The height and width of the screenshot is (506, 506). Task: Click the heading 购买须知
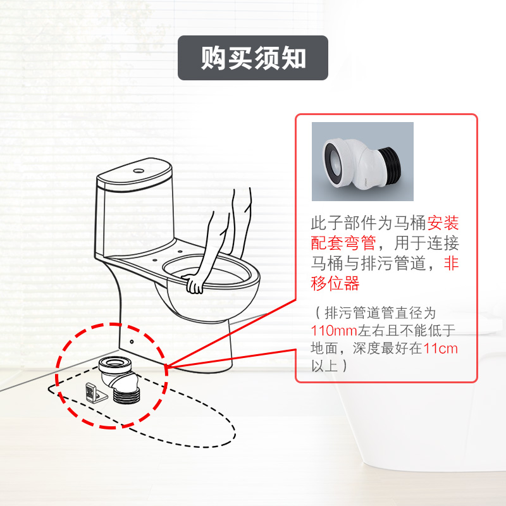253,58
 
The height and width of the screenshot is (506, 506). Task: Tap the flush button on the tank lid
137,170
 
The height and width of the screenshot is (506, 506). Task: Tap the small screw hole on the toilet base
132,340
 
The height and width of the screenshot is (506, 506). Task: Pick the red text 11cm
441,348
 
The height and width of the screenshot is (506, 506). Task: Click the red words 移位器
335,283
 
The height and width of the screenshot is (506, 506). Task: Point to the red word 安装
443,223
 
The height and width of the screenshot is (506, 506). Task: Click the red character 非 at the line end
451,263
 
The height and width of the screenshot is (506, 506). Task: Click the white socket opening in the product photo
331,158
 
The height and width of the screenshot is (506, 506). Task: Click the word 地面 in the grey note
323,348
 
